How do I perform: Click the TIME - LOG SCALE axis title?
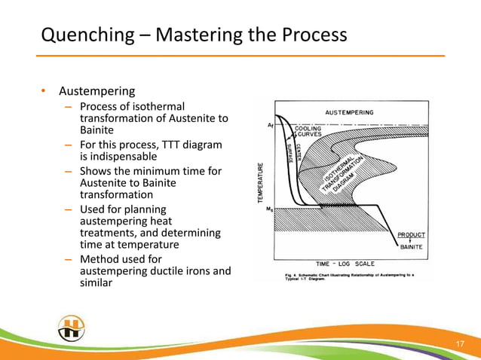[345, 264]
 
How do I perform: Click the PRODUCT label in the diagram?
[412, 235]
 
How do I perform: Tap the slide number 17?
[459, 344]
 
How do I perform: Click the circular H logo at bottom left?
[71, 328]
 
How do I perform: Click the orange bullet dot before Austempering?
[44, 93]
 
